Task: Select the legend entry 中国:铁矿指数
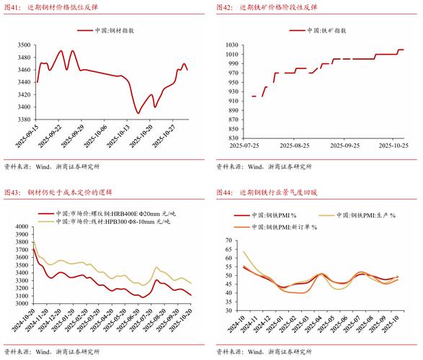pos(322,31)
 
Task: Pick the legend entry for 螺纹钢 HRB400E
pos(108,214)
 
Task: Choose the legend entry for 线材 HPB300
pos(108,223)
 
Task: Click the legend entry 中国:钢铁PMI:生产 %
pos(368,215)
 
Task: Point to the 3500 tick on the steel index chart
pos(24,45)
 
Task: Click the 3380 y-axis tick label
pos(24,120)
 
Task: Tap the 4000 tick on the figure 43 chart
pos(22,226)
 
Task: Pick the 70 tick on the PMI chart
pos(230,240)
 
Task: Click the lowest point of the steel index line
pos(138,113)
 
